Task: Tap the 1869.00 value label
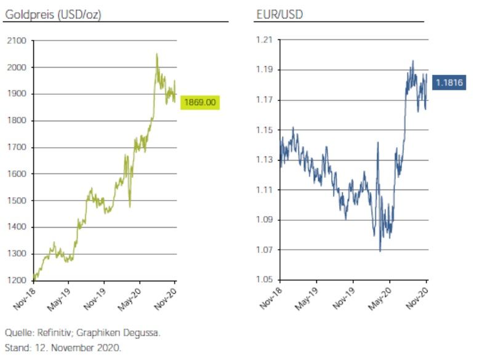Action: (200, 103)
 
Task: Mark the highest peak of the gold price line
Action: (157, 54)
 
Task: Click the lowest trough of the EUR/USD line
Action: (380, 251)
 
